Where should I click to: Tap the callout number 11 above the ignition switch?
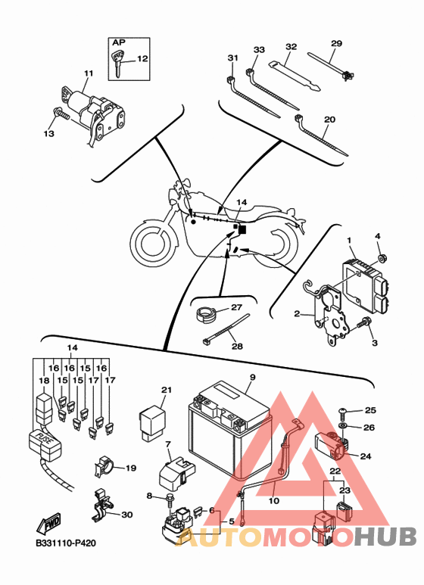pos(88,73)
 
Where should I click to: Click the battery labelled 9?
pos(229,428)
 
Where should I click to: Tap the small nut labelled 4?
pos(382,257)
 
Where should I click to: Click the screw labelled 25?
pos(342,412)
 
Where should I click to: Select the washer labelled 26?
pos(342,425)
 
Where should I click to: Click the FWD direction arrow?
pos(48,524)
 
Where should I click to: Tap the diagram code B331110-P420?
pos(66,543)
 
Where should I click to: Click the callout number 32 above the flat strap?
pos(291,47)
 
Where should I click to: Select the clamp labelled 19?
pos(103,465)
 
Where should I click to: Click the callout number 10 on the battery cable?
pos(274,500)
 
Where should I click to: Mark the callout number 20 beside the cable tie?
pos(329,120)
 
